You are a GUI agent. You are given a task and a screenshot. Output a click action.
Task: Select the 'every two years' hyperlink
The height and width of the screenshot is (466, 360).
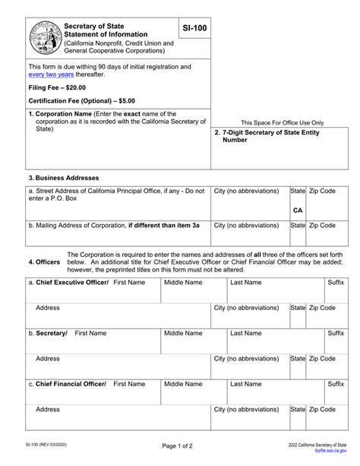(x=52, y=77)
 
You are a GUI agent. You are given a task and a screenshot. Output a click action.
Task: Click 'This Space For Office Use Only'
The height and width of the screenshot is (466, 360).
(x=282, y=122)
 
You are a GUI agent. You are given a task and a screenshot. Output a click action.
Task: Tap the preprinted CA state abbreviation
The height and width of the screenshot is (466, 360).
(x=298, y=210)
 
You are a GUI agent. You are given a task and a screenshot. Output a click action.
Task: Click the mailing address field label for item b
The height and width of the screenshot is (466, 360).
(x=114, y=225)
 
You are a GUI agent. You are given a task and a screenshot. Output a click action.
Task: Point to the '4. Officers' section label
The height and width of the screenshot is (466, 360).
(x=44, y=262)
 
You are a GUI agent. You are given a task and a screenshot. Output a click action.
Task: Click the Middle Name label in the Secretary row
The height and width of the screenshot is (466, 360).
(x=183, y=333)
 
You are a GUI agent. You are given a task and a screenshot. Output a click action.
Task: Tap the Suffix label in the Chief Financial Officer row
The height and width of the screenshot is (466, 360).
(x=335, y=384)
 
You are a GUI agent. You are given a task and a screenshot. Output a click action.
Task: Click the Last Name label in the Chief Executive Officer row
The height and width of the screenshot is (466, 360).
(x=245, y=282)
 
